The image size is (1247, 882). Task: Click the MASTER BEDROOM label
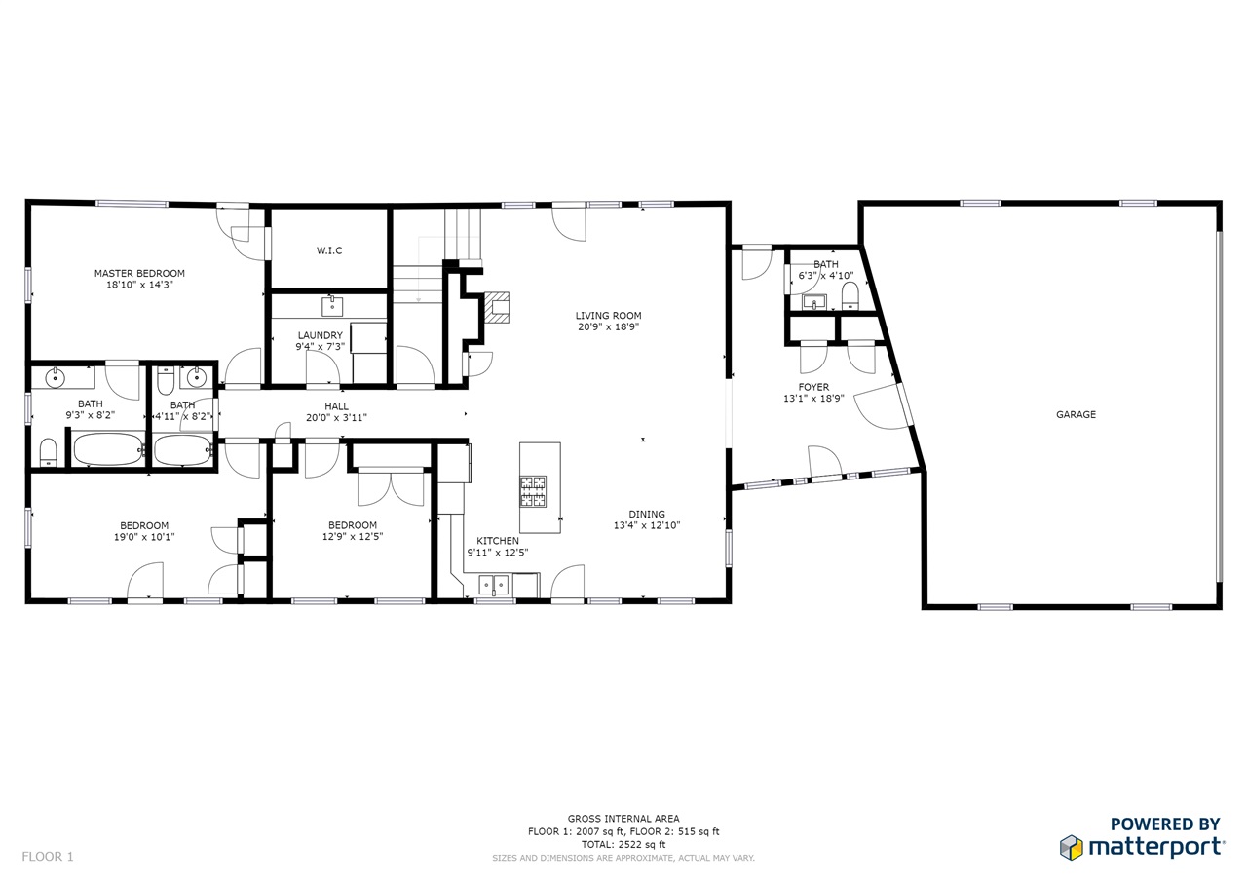point(139,274)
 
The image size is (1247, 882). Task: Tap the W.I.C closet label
point(329,250)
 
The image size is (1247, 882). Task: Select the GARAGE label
point(1076,414)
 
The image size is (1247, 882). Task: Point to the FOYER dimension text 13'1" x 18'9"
point(813,399)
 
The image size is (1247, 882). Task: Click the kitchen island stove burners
point(533,491)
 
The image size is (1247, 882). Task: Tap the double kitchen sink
point(494,585)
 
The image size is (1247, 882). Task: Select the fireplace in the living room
point(497,307)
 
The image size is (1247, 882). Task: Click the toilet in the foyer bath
point(850,295)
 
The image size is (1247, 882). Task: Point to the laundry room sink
point(332,307)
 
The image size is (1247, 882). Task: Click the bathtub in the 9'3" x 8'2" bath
point(108,449)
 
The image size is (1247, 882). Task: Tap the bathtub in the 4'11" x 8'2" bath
point(182,450)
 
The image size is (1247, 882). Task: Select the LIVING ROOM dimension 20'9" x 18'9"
point(608,326)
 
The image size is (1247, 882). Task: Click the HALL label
point(336,406)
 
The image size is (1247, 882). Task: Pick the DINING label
point(646,514)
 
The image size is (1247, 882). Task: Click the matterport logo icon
point(1072,848)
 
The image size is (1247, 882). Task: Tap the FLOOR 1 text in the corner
point(48,857)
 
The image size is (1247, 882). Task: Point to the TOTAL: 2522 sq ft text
point(623,844)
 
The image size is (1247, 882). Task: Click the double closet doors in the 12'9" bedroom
point(391,487)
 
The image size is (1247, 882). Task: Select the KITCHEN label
point(498,541)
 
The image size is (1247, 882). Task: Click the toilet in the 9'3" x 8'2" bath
point(49,452)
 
